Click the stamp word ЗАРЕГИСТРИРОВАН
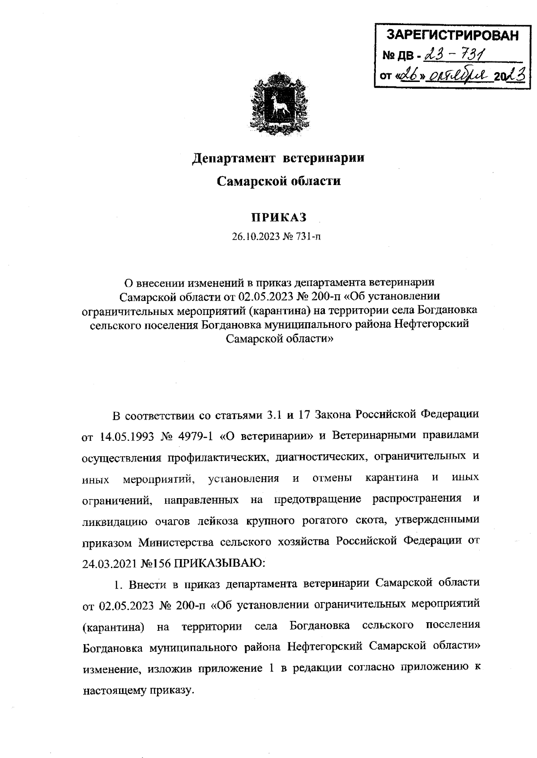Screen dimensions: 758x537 coord(452,35)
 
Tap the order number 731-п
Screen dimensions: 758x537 coord(307,237)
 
